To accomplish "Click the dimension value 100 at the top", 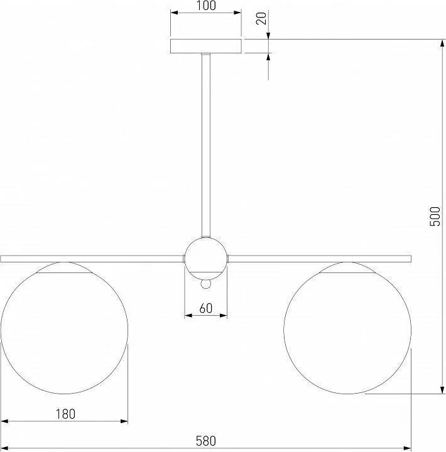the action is pyautogui.click(x=206, y=6).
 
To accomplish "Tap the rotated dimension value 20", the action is pyautogui.click(x=261, y=18).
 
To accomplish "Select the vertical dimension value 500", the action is pyautogui.click(x=435, y=216).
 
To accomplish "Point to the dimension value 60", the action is pyautogui.click(x=205, y=308).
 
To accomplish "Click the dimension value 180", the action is pyautogui.click(x=65, y=414).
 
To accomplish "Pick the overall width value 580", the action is pyautogui.click(x=205, y=441).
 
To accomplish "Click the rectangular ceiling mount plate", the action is pyautogui.click(x=206, y=46).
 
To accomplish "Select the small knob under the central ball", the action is pyautogui.click(x=206, y=284).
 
